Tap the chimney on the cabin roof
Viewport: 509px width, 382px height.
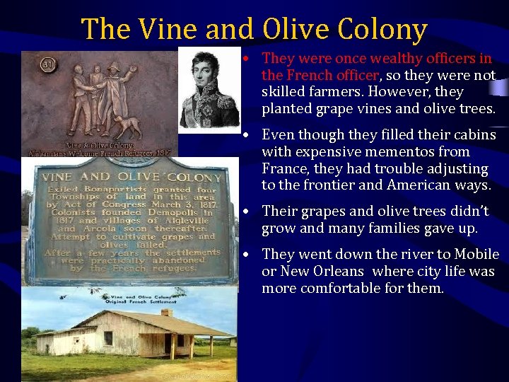(166, 312)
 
